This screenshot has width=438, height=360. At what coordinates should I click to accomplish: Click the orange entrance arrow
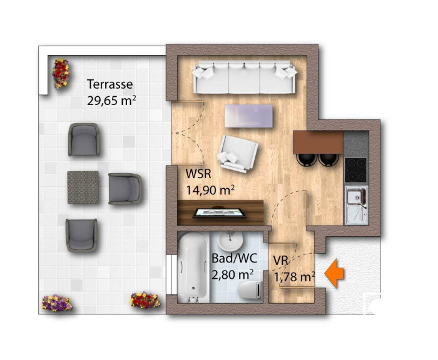[334, 273]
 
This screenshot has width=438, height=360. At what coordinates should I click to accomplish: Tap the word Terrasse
[109, 84]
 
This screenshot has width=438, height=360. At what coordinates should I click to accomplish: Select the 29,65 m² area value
[111, 100]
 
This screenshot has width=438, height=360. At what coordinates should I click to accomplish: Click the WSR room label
[198, 174]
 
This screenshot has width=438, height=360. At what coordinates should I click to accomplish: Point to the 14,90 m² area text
[210, 190]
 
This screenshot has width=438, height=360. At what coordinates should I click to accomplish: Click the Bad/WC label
[234, 258]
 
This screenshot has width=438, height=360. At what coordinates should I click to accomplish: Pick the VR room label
[280, 261]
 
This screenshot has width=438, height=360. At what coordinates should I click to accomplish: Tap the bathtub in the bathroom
[193, 267]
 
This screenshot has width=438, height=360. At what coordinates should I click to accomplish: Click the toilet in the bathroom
[250, 289]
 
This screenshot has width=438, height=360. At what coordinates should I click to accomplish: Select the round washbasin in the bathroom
[230, 241]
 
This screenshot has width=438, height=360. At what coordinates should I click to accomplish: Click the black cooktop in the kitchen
[355, 170]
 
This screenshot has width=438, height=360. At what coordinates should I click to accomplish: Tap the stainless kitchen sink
[356, 206]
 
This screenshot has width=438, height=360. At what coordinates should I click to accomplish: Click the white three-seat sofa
[244, 78]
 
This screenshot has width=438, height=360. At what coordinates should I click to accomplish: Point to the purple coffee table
[248, 116]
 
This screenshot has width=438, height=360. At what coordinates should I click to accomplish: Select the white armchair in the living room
[237, 153]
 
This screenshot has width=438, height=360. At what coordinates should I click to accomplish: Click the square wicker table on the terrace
[83, 187]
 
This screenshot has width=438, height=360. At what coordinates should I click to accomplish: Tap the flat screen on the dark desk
[219, 213]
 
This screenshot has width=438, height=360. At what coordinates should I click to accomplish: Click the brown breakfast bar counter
[318, 142]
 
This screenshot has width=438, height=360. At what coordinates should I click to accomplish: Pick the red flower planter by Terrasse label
[61, 74]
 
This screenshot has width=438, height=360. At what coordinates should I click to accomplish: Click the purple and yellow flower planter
[56, 302]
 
